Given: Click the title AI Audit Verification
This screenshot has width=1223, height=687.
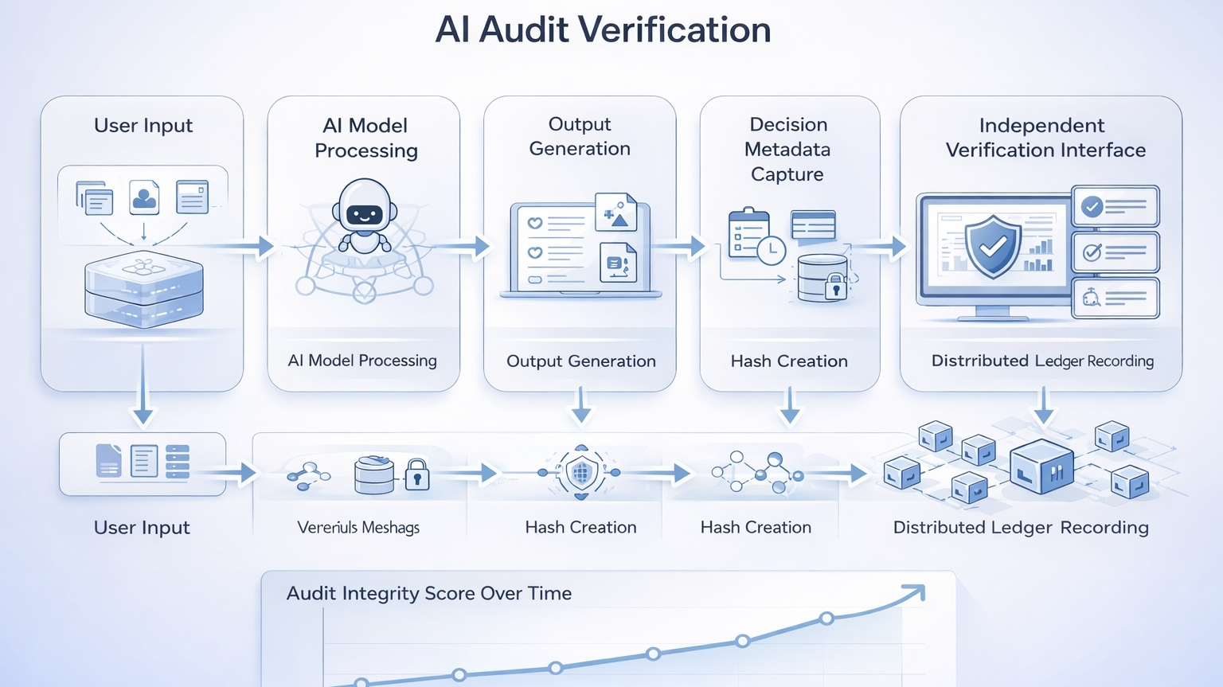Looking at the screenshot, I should pos(603,30).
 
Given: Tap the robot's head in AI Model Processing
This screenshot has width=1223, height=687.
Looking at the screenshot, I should pos(365,206).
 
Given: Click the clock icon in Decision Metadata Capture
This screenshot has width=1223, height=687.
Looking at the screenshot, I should pos(771,251).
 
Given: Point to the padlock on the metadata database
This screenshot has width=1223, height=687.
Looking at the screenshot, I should pos(835,287).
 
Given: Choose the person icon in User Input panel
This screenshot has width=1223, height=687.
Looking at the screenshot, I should pos(144,197).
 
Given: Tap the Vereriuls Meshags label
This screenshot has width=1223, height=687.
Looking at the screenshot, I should pos(358,528).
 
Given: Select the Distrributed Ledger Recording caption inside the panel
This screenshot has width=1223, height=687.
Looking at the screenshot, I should pos(1042,361).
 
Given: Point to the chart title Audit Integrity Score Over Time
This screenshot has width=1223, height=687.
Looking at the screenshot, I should pos(429,593).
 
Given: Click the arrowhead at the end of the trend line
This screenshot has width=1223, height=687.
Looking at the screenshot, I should pos(916,592).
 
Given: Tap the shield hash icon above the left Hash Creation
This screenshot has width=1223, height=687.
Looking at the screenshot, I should pos(581,473).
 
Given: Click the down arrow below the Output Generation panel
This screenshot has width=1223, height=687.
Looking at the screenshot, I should pos(581,406).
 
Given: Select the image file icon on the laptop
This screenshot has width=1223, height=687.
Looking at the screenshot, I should pos(615,213).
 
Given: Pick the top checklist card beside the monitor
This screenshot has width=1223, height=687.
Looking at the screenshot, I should pos(1115,207).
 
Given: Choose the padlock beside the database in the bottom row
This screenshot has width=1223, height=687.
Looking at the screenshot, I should pos(417,475).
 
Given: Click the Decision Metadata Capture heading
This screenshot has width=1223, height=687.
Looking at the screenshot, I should pos(788,149).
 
